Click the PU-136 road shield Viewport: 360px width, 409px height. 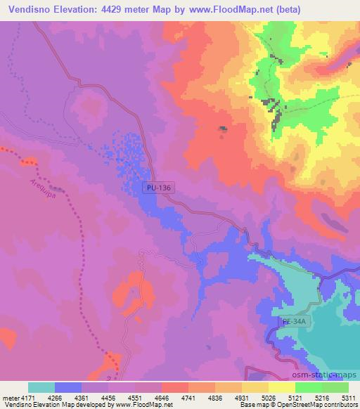click(x=157, y=188)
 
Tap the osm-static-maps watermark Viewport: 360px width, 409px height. click(x=326, y=376)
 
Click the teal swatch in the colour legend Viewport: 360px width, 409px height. click(x=41, y=387)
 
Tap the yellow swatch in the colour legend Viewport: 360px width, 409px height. click(x=282, y=387)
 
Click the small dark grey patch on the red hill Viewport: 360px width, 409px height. click(x=223, y=129)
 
